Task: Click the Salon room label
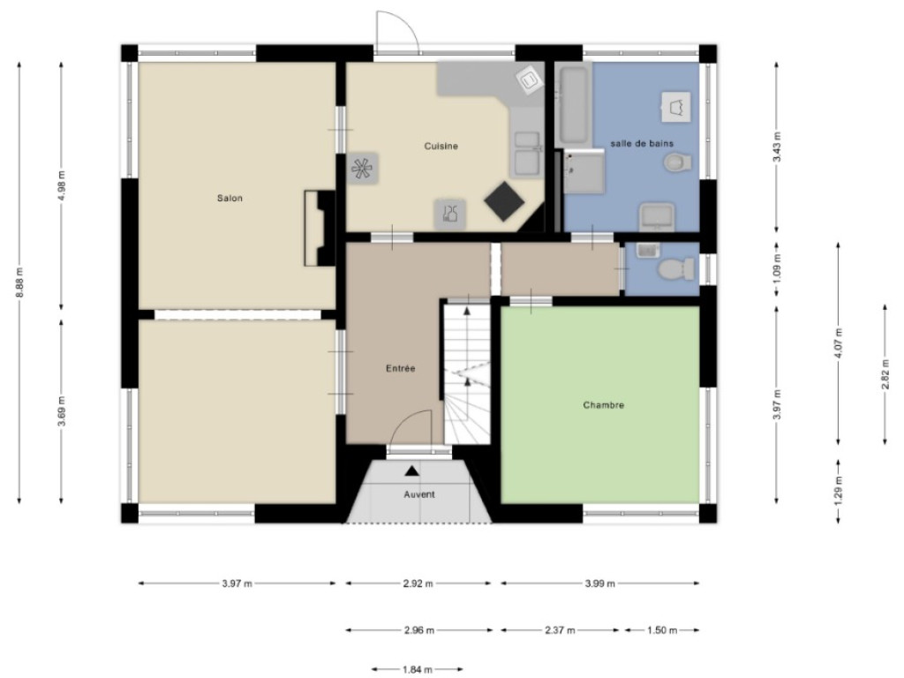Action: (230, 199)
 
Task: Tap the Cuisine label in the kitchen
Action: (441, 147)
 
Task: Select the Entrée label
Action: (401, 368)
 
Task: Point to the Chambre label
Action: (603, 405)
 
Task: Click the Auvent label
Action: (419, 494)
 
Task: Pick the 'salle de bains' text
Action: (642, 144)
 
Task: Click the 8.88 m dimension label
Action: (19, 282)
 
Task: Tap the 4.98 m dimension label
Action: (62, 185)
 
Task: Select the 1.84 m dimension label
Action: (418, 669)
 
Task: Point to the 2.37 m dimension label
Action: (560, 630)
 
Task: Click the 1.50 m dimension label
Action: (662, 630)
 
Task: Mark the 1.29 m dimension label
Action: (839, 486)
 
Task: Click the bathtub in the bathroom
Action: (573, 106)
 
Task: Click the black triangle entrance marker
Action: (411, 471)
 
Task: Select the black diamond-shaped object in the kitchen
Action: (504, 201)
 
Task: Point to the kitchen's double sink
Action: (527, 153)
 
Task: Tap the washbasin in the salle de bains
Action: (657, 217)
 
